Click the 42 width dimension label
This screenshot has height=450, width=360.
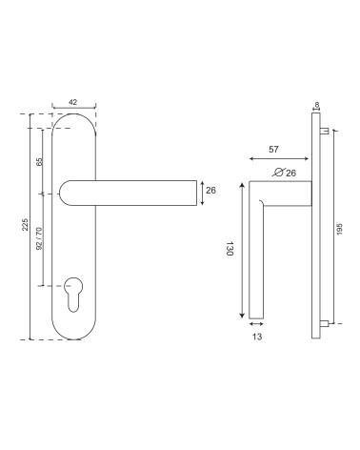pyautogui.click(x=72, y=102)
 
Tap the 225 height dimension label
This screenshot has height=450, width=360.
pyautogui.click(x=25, y=224)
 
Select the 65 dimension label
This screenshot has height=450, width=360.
pyautogui.click(x=40, y=161)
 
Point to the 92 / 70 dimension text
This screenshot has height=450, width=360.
pyautogui.click(x=39, y=238)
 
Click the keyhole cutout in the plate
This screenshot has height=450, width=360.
pyautogui.click(x=73, y=295)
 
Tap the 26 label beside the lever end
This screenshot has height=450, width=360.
pyautogui.click(x=210, y=190)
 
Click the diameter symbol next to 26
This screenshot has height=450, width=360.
pyautogui.click(x=278, y=173)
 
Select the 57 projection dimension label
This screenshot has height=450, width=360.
pyautogui.click(x=273, y=149)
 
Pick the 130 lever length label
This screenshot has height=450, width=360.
pyautogui.click(x=230, y=248)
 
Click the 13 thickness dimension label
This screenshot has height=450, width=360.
pyautogui.click(x=257, y=337)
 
